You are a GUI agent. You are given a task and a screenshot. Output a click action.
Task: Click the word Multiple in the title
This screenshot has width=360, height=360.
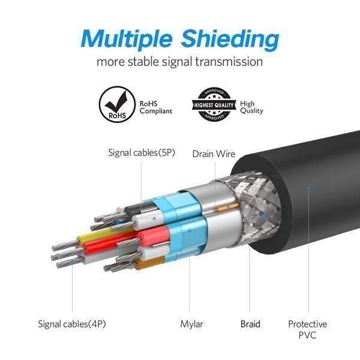click(x=126, y=38)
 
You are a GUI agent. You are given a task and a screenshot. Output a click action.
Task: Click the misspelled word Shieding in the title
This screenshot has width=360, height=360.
click(x=230, y=40)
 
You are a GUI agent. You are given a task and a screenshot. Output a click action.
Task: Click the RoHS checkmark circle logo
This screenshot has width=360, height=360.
click(x=117, y=104)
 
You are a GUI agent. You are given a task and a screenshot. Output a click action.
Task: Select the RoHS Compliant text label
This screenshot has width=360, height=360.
click(x=155, y=107)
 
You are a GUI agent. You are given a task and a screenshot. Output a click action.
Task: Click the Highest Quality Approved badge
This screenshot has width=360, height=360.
click(x=214, y=105)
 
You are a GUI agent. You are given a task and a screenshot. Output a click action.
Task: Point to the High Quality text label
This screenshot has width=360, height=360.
click(x=251, y=107)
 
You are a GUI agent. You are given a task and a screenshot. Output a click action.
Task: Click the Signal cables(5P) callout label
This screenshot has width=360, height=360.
click(x=142, y=152)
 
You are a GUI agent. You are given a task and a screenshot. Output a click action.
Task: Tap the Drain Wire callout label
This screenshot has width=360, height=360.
click(x=214, y=154)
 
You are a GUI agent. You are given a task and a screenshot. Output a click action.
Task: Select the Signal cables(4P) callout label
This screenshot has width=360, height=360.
click(x=72, y=324)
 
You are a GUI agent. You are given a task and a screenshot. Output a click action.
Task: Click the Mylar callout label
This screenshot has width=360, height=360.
click(x=191, y=325)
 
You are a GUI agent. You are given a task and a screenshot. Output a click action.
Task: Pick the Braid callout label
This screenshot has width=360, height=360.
click(x=250, y=324)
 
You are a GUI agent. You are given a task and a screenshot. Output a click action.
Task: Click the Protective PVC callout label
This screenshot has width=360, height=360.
click(x=307, y=329)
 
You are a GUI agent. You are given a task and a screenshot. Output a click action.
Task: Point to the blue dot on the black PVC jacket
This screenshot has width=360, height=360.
click(x=309, y=188)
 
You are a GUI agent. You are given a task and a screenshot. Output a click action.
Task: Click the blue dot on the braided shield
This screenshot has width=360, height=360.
click(x=263, y=216)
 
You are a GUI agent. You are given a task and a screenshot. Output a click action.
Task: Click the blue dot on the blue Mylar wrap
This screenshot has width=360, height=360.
click(x=190, y=230)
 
